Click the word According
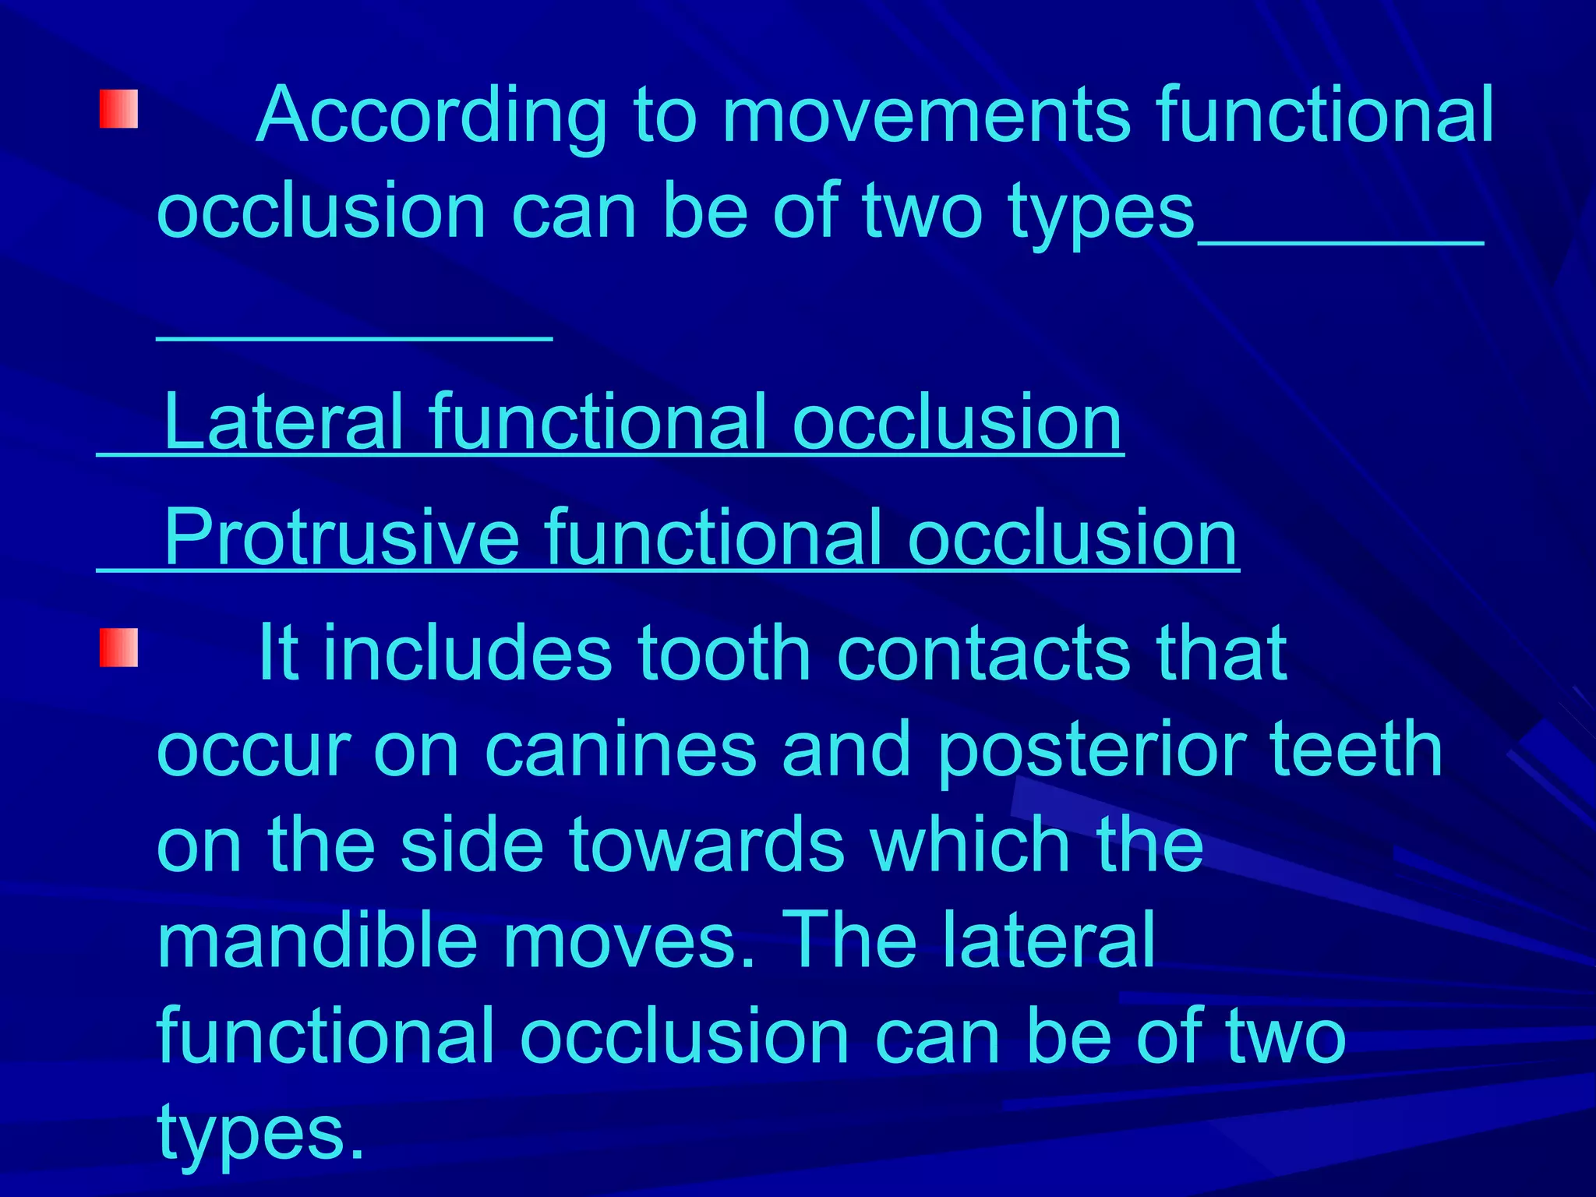click(431, 117)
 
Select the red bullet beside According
click(118, 109)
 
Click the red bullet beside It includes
click(118, 648)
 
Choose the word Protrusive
click(341, 538)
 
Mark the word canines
click(620, 749)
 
